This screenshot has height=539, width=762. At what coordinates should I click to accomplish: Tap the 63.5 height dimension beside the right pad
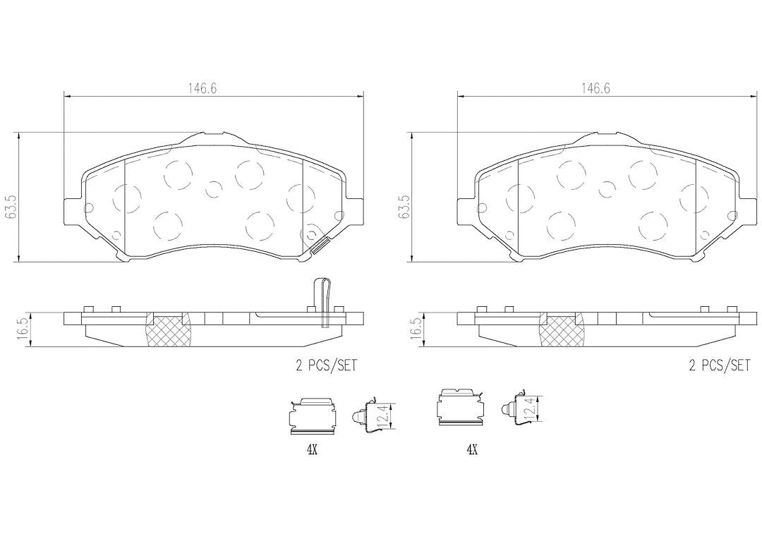[403, 207]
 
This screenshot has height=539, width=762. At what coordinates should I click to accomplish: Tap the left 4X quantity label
[312, 450]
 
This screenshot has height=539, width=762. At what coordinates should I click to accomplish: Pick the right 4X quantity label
[472, 450]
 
